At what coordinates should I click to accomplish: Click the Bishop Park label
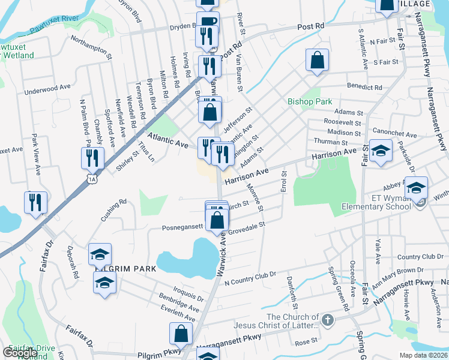click(x=309, y=101)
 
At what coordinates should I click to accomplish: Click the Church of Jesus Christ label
click(x=292, y=321)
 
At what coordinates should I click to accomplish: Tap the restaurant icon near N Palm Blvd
click(x=93, y=157)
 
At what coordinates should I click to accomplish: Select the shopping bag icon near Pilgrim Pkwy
click(x=181, y=334)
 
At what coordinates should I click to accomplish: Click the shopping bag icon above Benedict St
click(x=317, y=60)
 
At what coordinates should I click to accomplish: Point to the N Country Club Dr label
click(x=250, y=278)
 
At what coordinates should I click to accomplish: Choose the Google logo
click(x=20, y=353)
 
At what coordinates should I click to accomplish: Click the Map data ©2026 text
click(x=424, y=355)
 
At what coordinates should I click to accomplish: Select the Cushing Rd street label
click(x=113, y=211)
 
